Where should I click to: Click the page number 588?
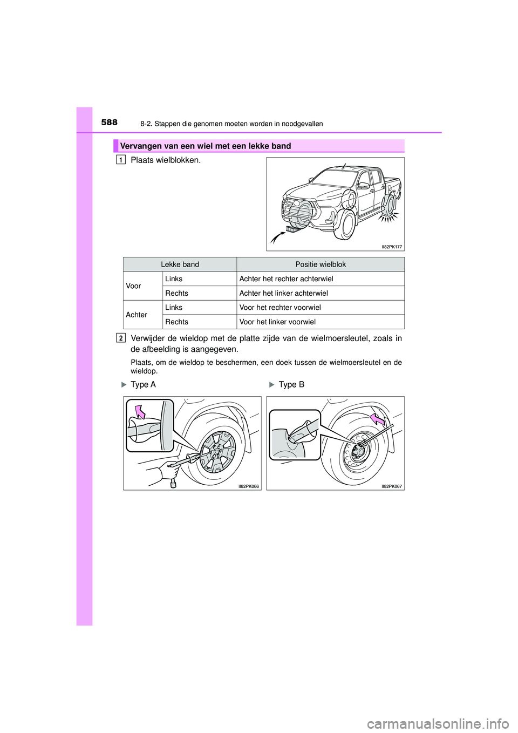pos(110,123)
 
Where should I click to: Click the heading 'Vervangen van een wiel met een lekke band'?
pos(205,146)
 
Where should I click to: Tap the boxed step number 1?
pos(121,160)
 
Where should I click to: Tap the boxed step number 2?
pos(121,338)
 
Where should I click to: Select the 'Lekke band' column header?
pos(180,264)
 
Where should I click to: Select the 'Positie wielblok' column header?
pos(321,264)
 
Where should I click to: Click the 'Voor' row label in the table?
pos(133,286)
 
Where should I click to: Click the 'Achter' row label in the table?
pos(137,315)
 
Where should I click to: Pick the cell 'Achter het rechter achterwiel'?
pos(286,279)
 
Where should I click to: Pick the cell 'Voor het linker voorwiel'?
pos(277,322)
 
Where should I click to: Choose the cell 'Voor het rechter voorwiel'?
pos(280,308)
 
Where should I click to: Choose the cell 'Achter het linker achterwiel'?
pos(283,294)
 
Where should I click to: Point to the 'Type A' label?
pos(143,385)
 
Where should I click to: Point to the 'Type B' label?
pos(291,385)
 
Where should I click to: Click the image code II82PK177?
pos(392,247)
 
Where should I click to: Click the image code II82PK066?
pos(249,486)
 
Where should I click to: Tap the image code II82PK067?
pos(392,486)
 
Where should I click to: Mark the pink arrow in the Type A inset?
pos(140,412)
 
